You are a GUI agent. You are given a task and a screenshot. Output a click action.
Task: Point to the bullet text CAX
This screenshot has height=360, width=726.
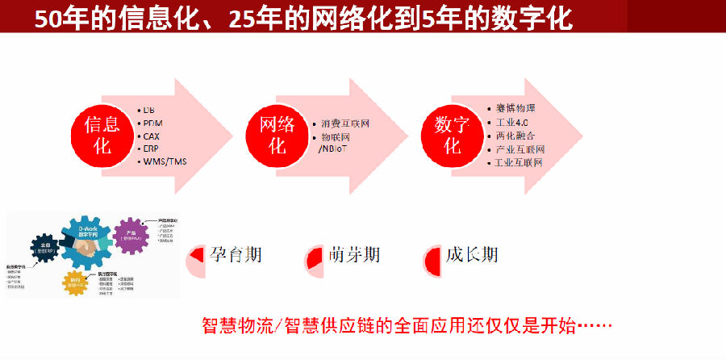[152, 136]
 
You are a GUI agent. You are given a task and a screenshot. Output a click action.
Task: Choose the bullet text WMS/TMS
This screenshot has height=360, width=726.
[165, 161]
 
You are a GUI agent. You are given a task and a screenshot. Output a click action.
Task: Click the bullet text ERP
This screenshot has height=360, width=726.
[151, 149]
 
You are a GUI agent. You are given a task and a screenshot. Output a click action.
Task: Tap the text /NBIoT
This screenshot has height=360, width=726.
[336, 150]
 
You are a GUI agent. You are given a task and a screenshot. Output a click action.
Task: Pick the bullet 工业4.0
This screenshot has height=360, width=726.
[511, 122]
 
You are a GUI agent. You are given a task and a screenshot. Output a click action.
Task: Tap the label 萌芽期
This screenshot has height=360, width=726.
[354, 256]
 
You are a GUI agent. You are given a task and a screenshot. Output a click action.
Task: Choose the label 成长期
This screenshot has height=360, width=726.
[472, 256]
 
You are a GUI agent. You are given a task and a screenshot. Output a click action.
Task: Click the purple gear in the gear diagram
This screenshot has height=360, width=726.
[129, 235]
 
